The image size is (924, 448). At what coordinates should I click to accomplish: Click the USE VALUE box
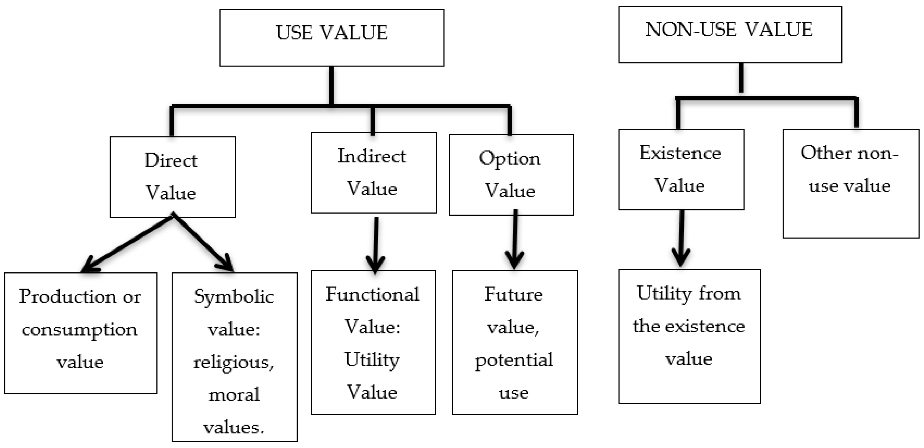[x=332, y=38]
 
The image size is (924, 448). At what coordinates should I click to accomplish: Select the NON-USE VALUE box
[x=730, y=34]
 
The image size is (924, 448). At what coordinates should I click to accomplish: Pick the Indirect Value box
[x=373, y=173]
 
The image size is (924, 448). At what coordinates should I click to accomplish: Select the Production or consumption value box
[x=81, y=333]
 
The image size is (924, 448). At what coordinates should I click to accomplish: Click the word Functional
[x=372, y=294]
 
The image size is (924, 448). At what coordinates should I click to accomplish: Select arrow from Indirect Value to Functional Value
[x=376, y=244]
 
